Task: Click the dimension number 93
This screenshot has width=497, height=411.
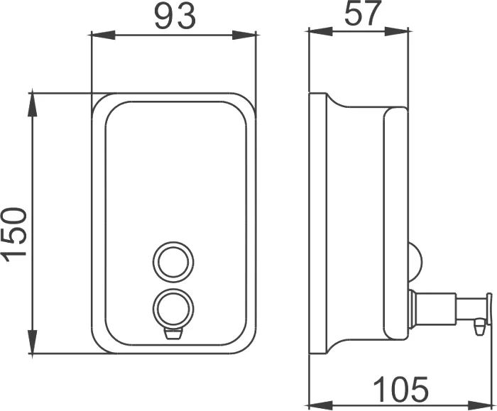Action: click(x=175, y=16)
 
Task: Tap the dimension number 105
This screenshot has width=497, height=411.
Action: click(x=400, y=389)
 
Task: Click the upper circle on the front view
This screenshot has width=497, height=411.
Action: click(x=173, y=263)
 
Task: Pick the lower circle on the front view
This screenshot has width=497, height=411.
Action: click(x=173, y=307)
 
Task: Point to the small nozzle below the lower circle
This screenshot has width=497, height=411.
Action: click(x=173, y=334)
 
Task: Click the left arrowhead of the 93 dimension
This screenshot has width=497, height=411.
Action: click(x=103, y=35)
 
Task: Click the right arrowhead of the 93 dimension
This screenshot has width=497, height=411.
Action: click(x=244, y=35)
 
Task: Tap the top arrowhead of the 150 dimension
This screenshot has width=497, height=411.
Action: click(x=33, y=105)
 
